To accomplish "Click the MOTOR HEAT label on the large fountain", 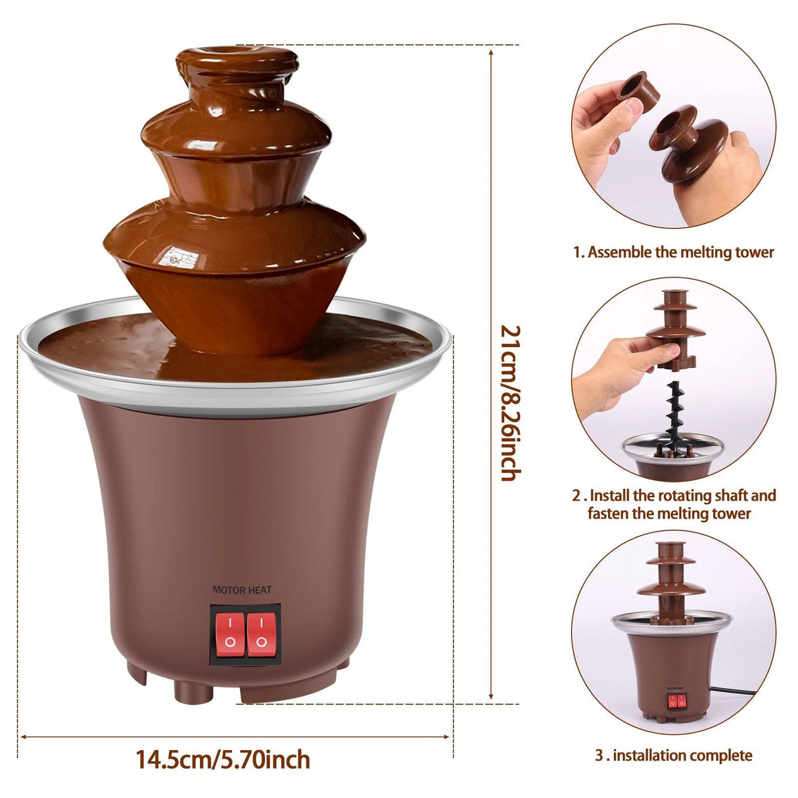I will (x=242, y=590).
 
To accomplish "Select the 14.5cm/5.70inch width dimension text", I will (x=223, y=760).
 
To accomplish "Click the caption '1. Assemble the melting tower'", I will (x=673, y=252).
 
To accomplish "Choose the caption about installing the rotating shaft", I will (x=673, y=504).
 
